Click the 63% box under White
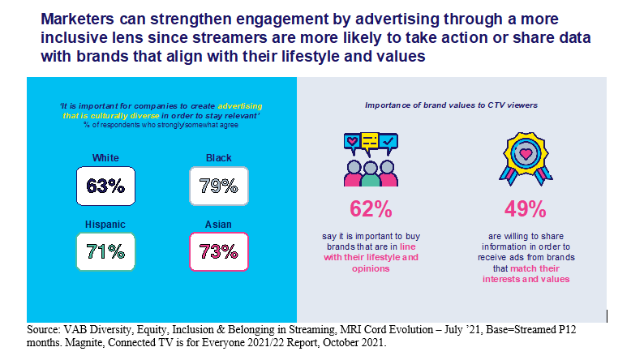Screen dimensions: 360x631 (105, 186)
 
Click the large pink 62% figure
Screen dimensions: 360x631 (370, 209)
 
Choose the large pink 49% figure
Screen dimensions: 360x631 (525, 209)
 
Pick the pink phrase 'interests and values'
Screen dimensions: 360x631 (525, 279)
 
